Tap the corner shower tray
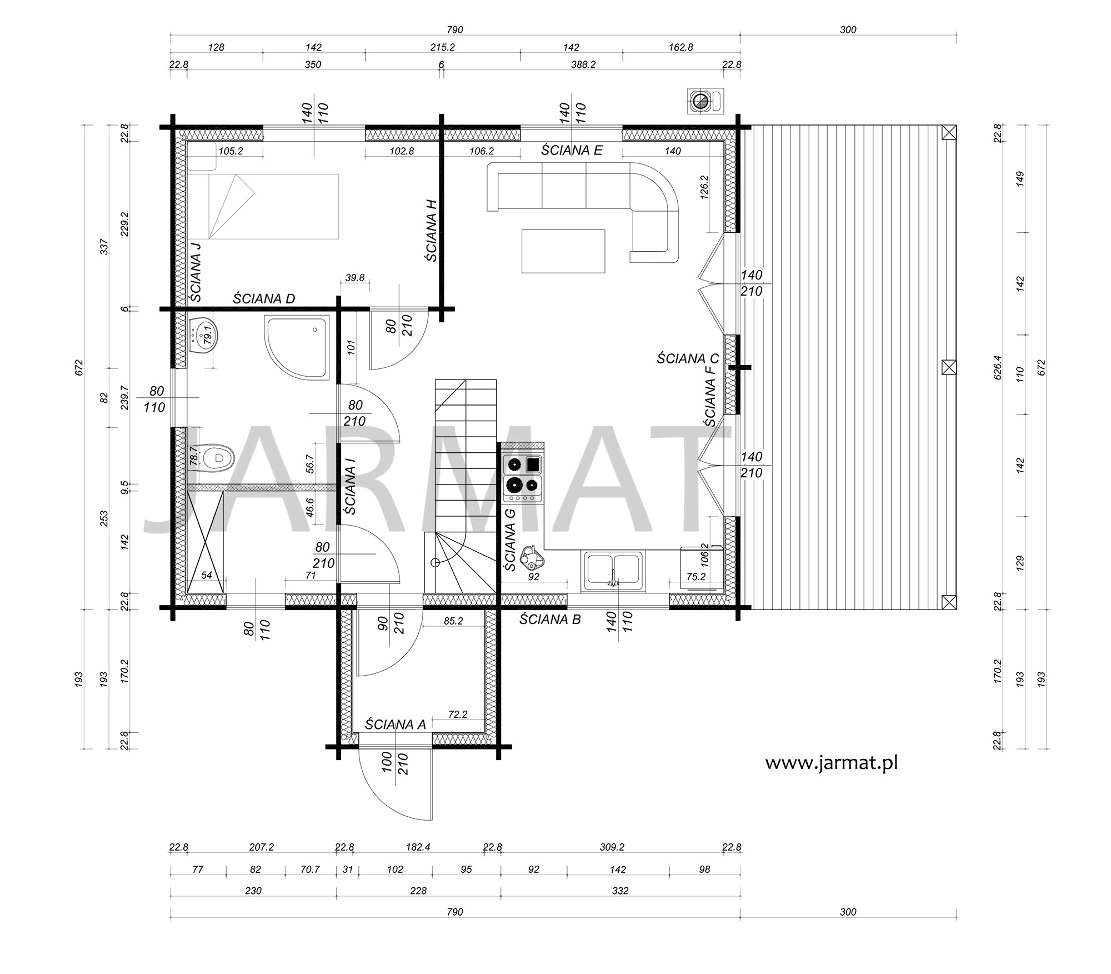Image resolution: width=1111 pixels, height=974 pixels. click(x=298, y=348)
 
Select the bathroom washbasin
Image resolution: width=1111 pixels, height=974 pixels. click(x=202, y=335)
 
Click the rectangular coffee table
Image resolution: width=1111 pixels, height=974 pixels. click(x=563, y=251)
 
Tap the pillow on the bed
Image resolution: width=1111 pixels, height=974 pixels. click(x=202, y=156)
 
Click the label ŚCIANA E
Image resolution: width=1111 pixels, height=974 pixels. click(x=572, y=150)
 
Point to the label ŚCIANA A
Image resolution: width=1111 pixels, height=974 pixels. click(x=395, y=725)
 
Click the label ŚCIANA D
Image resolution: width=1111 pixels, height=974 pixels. click(x=264, y=298)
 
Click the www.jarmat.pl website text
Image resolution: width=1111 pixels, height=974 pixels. click(x=832, y=762)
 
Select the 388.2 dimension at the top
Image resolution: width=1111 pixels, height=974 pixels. click(x=583, y=64)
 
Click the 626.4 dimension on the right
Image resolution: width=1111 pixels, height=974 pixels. click(x=998, y=367)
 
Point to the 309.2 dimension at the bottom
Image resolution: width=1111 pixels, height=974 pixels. click(x=612, y=847)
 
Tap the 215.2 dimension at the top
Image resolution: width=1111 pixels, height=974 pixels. click(x=442, y=47)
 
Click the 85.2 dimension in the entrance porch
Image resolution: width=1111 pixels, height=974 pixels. click(x=453, y=621)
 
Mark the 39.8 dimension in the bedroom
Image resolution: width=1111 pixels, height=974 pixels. click(x=354, y=277)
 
